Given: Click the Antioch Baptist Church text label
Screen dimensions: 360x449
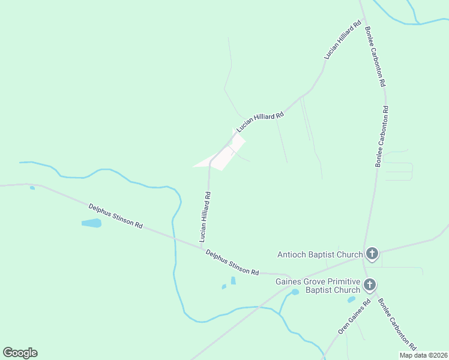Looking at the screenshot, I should (x=320, y=254).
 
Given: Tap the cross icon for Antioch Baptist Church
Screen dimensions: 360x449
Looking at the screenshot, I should (x=372, y=254).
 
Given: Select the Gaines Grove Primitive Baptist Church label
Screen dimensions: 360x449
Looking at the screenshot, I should (x=317, y=286).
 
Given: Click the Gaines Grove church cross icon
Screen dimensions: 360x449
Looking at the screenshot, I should (x=370, y=285).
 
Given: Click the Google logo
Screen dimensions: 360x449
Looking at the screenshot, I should (x=20, y=353).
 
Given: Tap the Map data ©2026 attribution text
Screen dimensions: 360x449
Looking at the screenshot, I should (x=424, y=355).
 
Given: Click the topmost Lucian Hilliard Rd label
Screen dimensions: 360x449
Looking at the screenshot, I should (x=342, y=40).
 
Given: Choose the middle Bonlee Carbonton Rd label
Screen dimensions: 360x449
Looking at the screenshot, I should (x=382, y=136).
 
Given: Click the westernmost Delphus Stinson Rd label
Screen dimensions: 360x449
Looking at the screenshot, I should (x=115, y=216).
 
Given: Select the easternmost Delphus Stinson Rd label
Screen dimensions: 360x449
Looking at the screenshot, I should (x=232, y=262).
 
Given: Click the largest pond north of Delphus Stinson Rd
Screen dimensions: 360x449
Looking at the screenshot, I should (x=91, y=223).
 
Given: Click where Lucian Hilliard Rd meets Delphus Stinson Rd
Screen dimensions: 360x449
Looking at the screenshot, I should (x=202, y=245).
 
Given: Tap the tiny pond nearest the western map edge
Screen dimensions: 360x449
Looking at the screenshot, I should (x=32, y=188).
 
